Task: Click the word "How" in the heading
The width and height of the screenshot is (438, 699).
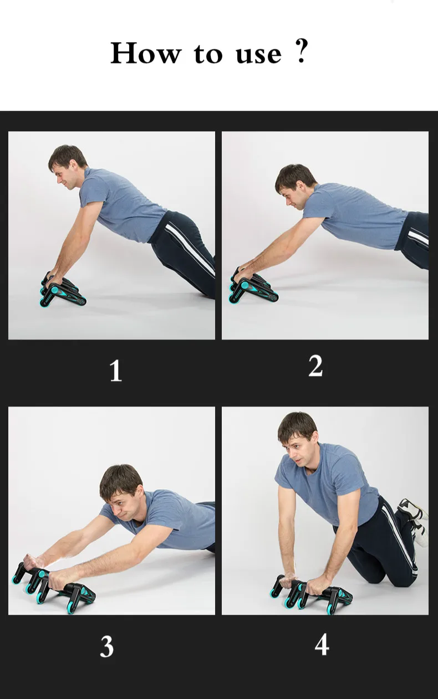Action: (146, 53)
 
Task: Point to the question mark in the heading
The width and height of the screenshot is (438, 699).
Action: (301, 52)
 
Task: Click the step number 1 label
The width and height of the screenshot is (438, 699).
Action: (115, 371)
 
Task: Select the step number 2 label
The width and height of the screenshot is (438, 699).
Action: (315, 366)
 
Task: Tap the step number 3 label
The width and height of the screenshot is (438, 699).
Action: (107, 646)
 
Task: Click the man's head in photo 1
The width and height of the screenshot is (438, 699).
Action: (67, 167)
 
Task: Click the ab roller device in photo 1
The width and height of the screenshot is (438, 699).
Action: (63, 289)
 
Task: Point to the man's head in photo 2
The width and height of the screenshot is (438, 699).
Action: (295, 186)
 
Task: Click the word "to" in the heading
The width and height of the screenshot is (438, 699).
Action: (208, 55)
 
